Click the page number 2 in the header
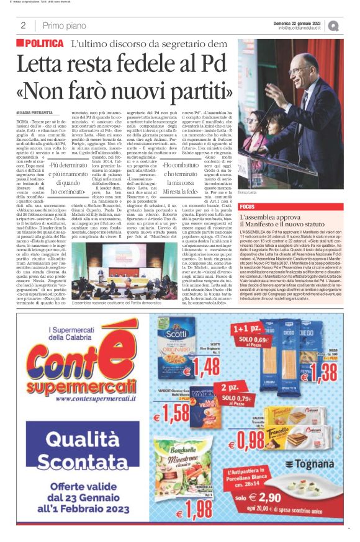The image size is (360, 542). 23,25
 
